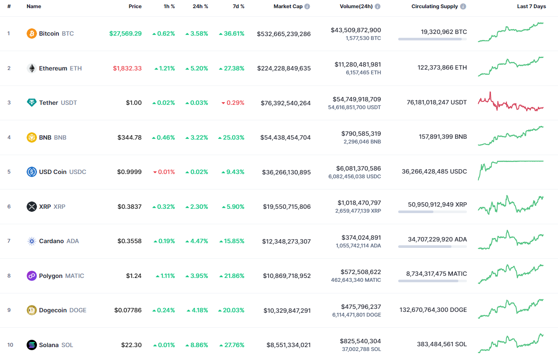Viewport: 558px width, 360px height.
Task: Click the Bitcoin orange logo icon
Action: pyautogui.click(x=32, y=34)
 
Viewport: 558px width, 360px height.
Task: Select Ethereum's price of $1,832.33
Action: pyautogui.click(x=127, y=68)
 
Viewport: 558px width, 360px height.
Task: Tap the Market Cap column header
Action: pyautogui.click(x=288, y=6)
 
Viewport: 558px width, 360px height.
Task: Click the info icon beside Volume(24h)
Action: pyautogui.click(x=377, y=7)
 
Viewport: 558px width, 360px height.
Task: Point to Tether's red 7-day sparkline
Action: pyautogui.click(x=511, y=103)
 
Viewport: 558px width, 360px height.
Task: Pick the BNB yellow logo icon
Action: pyautogui.click(x=32, y=137)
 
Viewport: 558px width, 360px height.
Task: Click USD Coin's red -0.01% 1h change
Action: pyautogui.click(x=164, y=172)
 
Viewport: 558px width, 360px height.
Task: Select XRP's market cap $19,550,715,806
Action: pyautogui.click(x=287, y=207)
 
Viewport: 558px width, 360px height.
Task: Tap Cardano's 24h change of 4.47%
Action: pyautogui.click(x=197, y=241)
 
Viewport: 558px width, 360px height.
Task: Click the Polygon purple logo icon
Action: pyautogui.click(x=32, y=276)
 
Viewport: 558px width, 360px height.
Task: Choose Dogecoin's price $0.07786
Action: pyautogui.click(x=128, y=310)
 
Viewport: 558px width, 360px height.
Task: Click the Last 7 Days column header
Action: pyautogui.click(x=531, y=6)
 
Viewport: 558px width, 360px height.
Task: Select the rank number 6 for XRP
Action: pyautogui.click(x=9, y=207)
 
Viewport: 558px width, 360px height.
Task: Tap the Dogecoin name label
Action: pyautogui.click(x=53, y=310)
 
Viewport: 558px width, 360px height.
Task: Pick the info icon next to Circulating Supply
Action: pyautogui.click(x=463, y=7)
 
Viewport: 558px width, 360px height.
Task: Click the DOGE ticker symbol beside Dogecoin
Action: pyautogui.click(x=78, y=310)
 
